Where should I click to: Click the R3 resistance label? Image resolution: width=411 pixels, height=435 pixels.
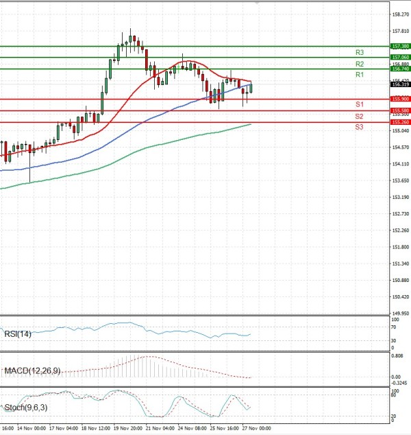pyautogui.click(x=359, y=52)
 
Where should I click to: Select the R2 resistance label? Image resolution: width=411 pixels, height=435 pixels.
pyautogui.click(x=359, y=64)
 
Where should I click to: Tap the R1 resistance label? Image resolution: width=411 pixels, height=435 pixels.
pyautogui.click(x=359, y=74)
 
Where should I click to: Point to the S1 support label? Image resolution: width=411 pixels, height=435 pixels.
pyautogui.click(x=359, y=104)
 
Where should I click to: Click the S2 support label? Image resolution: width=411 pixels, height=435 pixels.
pyautogui.click(x=359, y=116)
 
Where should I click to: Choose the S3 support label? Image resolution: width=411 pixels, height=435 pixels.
pyautogui.click(x=359, y=128)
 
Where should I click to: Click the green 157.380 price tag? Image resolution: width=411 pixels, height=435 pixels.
pyautogui.click(x=400, y=46)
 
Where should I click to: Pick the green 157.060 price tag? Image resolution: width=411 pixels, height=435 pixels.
pyautogui.click(x=400, y=57)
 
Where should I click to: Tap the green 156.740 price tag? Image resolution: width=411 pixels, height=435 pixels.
pyautogui.click(x=400, y=69)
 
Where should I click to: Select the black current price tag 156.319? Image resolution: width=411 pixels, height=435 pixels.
pyautogui.click(x=400, y=84)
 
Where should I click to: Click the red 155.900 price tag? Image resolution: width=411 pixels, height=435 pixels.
pyautogui.click(x=400, y=99)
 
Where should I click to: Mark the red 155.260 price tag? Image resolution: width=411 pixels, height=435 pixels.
pyautogui.click(x=400, y=122)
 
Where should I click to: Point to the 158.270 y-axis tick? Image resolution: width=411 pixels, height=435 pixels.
pyautogui.click(x=400, y=14)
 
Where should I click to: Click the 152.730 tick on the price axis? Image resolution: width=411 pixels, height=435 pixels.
pyautogui.click(x=400, y=213)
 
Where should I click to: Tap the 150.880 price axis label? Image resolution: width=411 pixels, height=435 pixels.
pyautogui.click(x=400, y=280)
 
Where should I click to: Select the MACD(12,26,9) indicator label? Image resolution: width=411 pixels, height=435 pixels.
pyautogui.click(x=32, y=371)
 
